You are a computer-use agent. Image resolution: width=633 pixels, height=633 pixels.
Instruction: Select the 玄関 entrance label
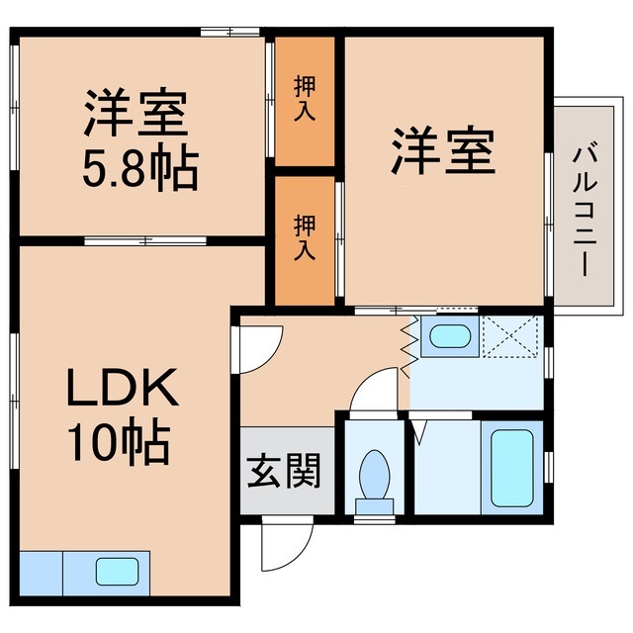click(x=284, y=472)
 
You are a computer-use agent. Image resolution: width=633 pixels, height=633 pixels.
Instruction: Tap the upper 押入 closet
click(x=305, y=101)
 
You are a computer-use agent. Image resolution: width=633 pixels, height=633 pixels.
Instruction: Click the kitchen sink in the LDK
click(x=117, y=571)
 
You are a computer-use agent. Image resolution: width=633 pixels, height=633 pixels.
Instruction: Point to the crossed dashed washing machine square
click(x=510, y=335)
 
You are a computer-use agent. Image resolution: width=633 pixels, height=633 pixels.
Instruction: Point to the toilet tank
click(x=374, y=507)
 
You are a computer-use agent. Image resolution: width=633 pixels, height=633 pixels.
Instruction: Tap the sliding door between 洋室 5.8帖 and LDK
click(x=144, y=240)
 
